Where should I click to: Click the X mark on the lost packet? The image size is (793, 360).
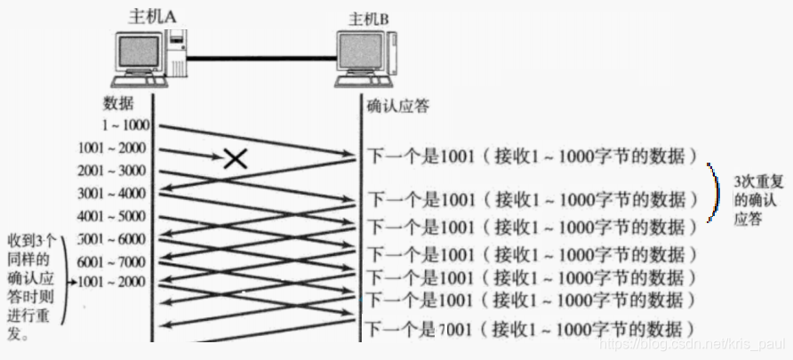pyautogui.click(x=234, y=159)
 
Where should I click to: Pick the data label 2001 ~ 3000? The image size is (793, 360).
pyautogui.click(x=117, y=170)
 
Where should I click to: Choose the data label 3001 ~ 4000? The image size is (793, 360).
pyautogui.click(x=117, y=192)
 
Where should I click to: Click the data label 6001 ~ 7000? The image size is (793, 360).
pyautogui.click(x=117, y=260)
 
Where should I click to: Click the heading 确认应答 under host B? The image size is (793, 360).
pyautogui.click(x=399, y=106)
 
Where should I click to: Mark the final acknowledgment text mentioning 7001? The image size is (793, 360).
pyautogui.click(x=530, y=327)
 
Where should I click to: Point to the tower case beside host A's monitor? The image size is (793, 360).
pyautogui.click(x=178, y=53)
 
